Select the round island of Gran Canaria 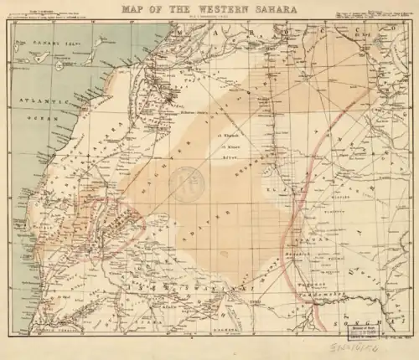(x=59, y=63)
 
